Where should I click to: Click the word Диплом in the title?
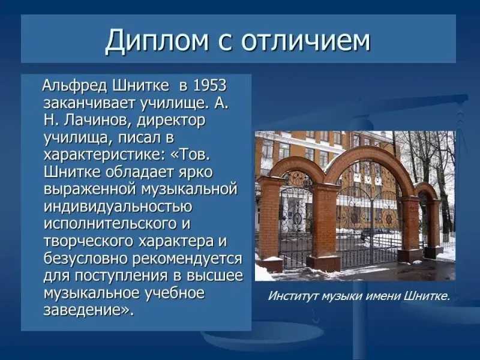tap(157, 41)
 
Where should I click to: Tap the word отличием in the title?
tap(306, 40)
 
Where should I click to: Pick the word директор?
tap(171, 121)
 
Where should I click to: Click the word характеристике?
tap(104, 155)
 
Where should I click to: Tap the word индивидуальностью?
tap(118, 207)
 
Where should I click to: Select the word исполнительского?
tap(110, 224)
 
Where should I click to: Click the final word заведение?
tap(86, 311)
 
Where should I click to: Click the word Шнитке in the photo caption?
tap(427, 296)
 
